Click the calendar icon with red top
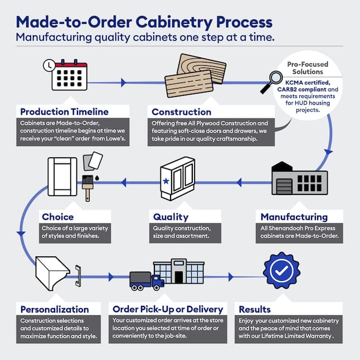tap(69, 75)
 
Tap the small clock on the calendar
tap(49, 65)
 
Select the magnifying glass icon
tap(271, 82)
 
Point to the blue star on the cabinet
tap(166, 181)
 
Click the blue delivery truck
tap(147, 281)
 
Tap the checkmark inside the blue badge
tap(281, 271)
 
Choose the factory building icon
tap(299, 178)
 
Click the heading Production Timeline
tap(64, 112)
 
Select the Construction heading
tap(181, 112)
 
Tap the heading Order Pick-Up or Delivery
tap(168, 309)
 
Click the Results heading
tap(255, 309)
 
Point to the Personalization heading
tap(55, 309)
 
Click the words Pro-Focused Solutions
tap(308, 68)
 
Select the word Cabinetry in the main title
tap(174, 22)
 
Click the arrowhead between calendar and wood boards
tap(123, 82)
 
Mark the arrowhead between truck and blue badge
tap(231, 277)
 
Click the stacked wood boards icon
tap(196, 76)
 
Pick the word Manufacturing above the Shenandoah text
tap(294, 217)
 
